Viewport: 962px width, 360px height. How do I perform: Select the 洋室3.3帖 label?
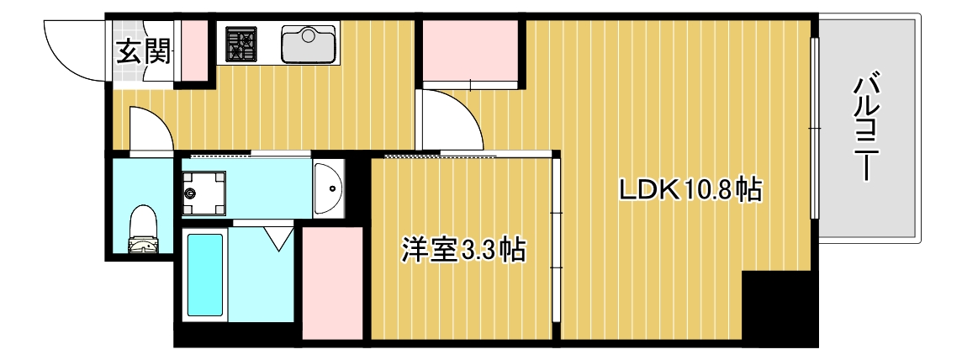point(463,250)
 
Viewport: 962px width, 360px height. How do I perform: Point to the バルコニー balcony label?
point(867,128)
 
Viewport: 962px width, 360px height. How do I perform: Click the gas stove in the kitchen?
point(241,44)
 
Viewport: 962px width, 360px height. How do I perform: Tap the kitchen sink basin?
point(308,44)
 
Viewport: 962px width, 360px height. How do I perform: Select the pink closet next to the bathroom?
point(332,283)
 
